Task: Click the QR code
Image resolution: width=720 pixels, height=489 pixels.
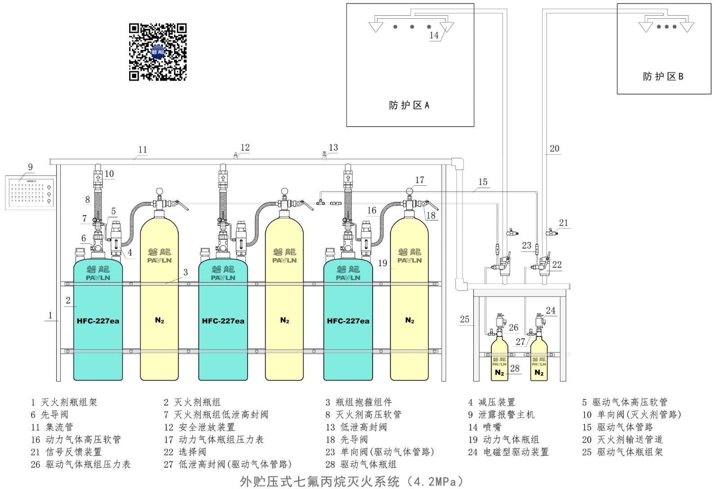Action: pos(157,52)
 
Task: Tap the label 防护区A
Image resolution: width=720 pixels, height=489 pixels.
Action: pos(409,105)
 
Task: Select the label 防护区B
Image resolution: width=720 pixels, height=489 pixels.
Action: pos(663,76)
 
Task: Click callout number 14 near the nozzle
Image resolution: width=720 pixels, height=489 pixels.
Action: pos(434,35)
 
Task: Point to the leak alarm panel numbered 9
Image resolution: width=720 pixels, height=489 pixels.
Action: pos(31,193)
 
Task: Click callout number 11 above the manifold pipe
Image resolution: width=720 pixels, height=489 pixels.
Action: pos(143,150)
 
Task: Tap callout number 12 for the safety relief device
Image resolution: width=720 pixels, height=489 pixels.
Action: pos(245,148)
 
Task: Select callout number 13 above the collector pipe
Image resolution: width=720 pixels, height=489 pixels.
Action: pos(333,148)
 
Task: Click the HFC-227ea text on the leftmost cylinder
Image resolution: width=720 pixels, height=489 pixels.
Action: pos(98,321)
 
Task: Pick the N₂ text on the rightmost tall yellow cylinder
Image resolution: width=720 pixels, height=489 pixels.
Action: pos(409,320)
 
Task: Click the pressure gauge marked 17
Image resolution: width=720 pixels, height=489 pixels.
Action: pos(409,191)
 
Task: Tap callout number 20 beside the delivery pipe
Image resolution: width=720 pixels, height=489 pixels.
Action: pos(554,148)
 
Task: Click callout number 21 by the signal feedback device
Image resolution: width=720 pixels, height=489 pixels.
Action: pos(563,223)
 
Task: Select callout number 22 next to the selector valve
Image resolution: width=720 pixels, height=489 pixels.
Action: pos(557,265)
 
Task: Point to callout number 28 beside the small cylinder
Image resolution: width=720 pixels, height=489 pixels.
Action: pos(515,368)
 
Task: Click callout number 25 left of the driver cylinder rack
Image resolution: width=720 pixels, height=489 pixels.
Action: pos(464,319)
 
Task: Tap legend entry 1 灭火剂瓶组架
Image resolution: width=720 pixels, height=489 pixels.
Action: pos(64,402)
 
